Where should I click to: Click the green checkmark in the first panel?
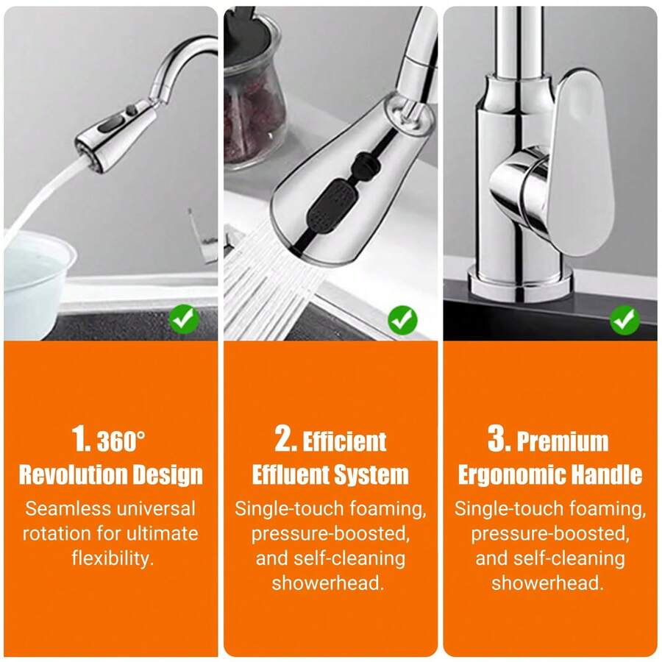(184, 318)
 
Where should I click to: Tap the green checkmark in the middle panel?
(403, 320)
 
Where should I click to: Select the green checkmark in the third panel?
(624, 320)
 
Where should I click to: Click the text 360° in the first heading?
(121, 441)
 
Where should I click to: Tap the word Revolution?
(67, 474)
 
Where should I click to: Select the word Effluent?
(288, 474)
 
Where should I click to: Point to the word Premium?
(563, 441)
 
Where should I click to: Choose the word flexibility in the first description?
(110, 558)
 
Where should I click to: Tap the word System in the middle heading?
(369, 475)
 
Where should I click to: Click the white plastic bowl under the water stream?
(36, 282)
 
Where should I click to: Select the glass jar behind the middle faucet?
(252, 90)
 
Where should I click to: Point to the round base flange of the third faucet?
(520, 282)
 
